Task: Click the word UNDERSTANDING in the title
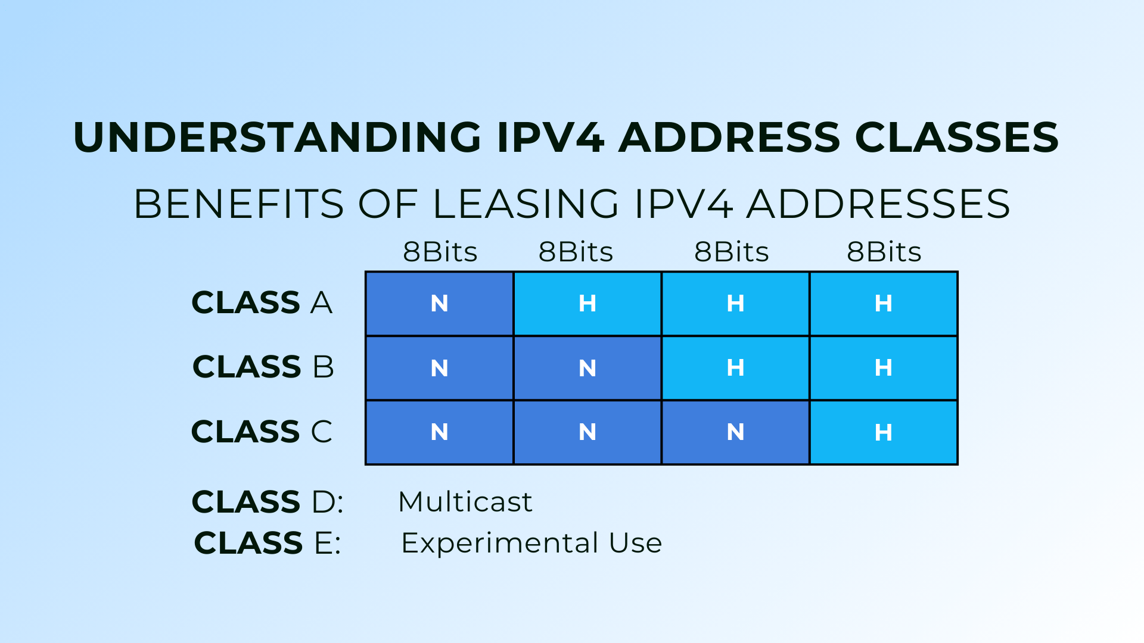(x=277, y=138)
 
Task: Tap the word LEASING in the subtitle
(x=526, y=204)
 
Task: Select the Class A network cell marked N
(x=439, y=304)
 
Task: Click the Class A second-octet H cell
(x=587, y=304)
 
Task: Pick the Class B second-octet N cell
(x=587, y=368)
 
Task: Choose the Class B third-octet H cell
(x=735, y=368)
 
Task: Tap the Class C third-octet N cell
(x=735, y=432)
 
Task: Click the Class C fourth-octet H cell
(x=883, y=432)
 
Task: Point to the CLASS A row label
(x=262, y=302)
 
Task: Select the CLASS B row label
(x=263, y=367)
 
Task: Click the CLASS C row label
(x=262, y=432)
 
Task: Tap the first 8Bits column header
(x=440, y=252)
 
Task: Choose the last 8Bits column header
(x=884, y=252)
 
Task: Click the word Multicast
(x=465, y=502)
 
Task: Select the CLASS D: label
(x=268, y=502)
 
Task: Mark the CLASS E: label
(x=268, y=543)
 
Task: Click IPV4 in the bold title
(x=551, y=138)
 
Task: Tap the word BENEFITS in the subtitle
(x=238, y=204)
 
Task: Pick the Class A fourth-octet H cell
(x=883, y=304)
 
